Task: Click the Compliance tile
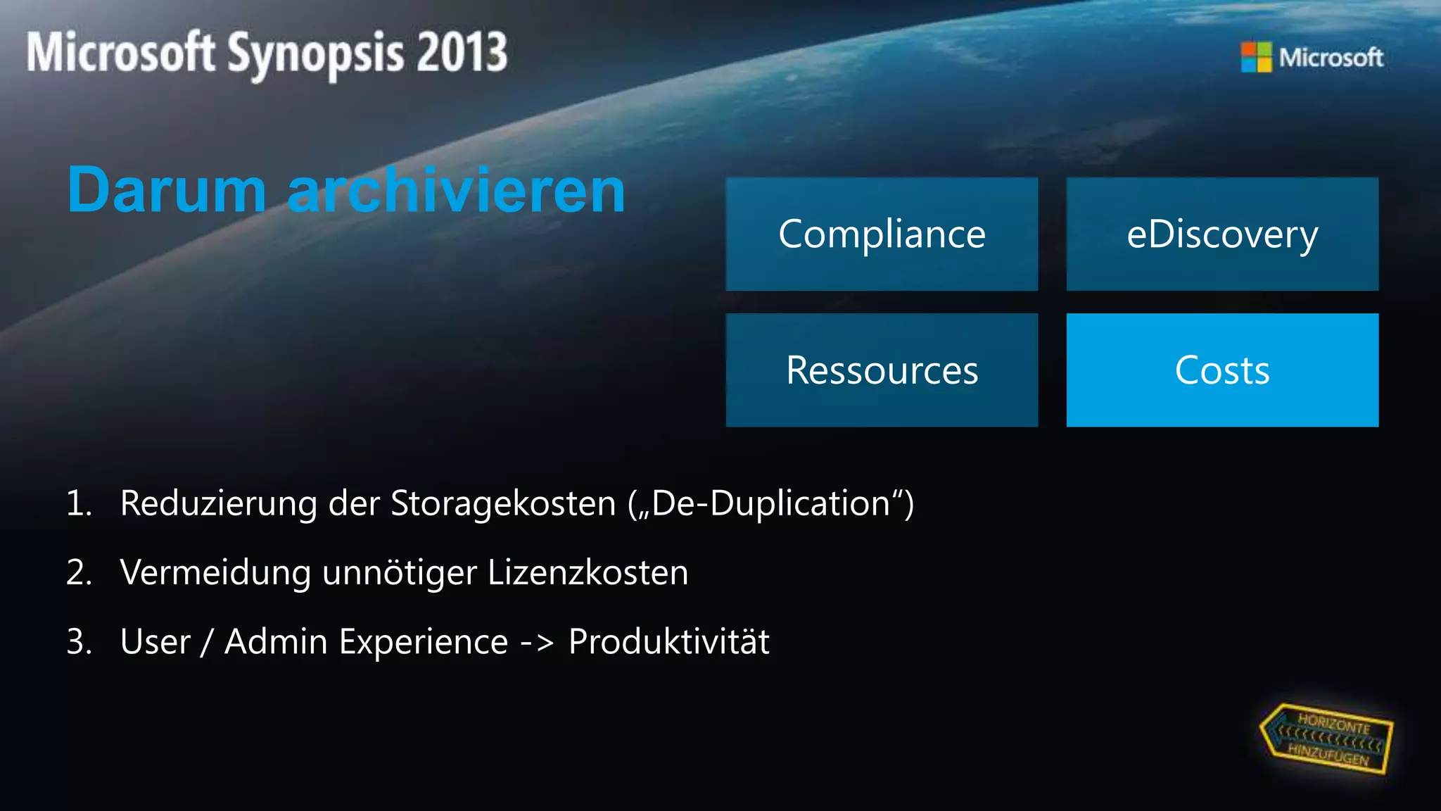882,234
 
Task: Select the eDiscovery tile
1222,234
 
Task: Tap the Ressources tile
882,370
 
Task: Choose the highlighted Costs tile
1222,370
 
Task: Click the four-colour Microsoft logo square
1256,57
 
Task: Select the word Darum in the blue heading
167,190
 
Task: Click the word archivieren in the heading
457,190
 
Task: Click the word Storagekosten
503,504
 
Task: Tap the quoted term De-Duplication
771,504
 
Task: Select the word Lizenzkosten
588,573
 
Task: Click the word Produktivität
668,642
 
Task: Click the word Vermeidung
215,573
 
